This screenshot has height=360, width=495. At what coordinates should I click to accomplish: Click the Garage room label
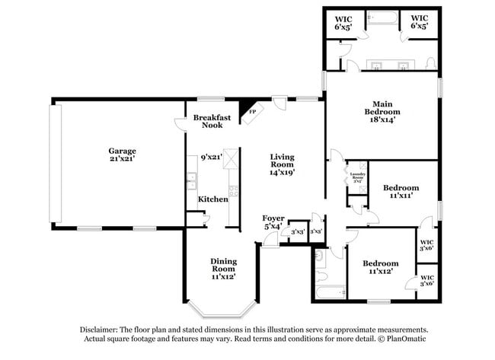coord(122,151)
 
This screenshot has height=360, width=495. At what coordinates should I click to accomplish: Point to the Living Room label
coord(282,161)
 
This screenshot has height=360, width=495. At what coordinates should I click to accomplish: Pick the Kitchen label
coord(213,199)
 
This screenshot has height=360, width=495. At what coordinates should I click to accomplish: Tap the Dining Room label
coord(223,265)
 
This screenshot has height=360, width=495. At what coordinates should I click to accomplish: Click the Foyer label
coord(273,218)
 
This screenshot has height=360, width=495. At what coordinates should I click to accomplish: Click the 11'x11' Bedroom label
coord(401,187)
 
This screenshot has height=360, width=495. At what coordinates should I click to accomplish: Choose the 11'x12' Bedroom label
coord(380,263)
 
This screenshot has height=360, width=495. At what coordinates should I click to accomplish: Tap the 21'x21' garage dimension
coord(122,160)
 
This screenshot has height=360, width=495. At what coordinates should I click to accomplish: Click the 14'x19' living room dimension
coord(282,173)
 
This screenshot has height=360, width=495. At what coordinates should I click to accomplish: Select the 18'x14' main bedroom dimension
coord(382,119)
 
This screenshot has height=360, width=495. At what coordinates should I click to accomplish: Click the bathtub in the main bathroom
coord(380,19)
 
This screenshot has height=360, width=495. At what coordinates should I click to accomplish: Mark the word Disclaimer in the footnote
coord(104,329)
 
